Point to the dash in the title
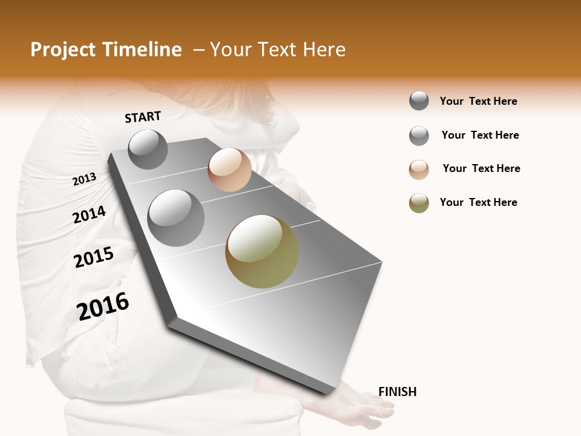pyautogui.click(x=198, y=50)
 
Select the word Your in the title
pyautogui.click(x=229, y=50)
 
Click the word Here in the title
pyautogui.click(x=324, y=50)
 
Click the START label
pyautogui.click(x=143, y=117)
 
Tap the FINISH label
pyautogui.click(x=397, y=392)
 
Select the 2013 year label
pyautogui.click(x=84, y=179)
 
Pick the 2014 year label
pyautogui.click(x=89, y=214)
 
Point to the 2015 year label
pyautogui.click(x=94, y=257)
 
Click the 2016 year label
pyautogui.click(x=103, y=306)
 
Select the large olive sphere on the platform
pyautogui.click(x=262, y=251)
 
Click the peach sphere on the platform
pyautogui.click(x=229, y=170)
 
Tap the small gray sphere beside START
pyautogui.click(x=148, y=149)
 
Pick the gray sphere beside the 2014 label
pyautogui.click(x=176, y=217)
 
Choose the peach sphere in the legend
pyautogui.click(x=419, y=170)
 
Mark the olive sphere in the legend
pyautogui.click(x=419, y=203)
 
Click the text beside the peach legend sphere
pyautogui.click(x=481, y=168)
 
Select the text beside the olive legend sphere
pyautogui.click(x=478, y=202)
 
